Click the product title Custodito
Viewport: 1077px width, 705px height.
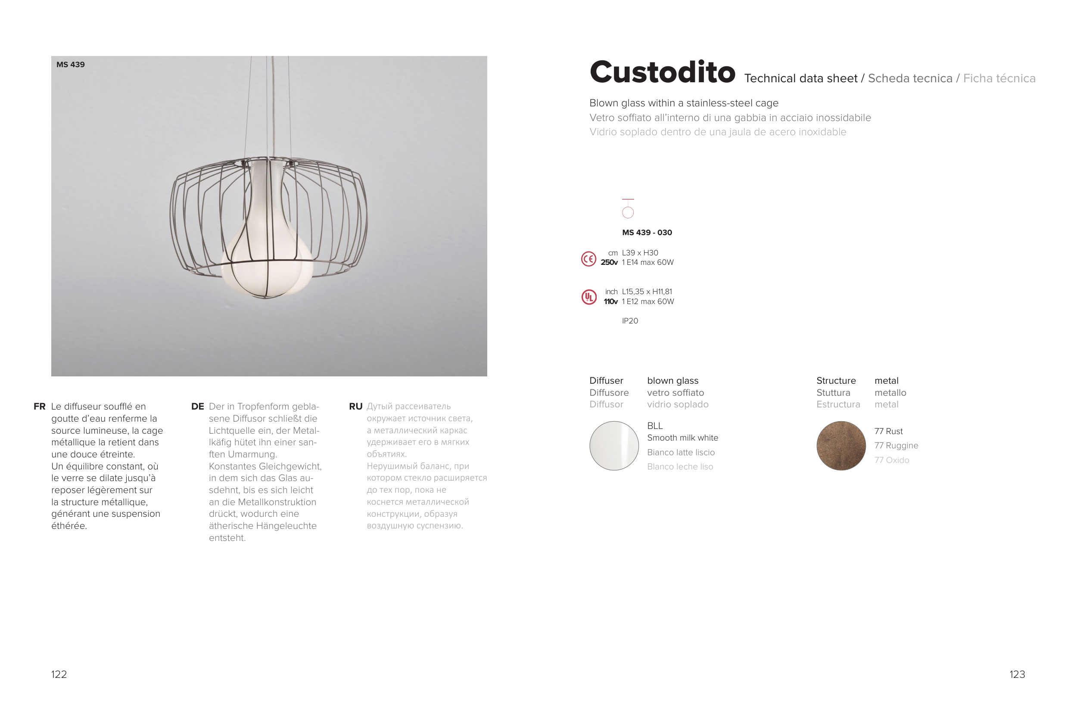click(663, 72)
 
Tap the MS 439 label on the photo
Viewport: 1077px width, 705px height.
click(71, 65)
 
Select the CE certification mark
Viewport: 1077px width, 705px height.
click(588, 259)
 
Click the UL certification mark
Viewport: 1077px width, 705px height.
click(589, 297)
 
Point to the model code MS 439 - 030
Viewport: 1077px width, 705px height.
click(647, 233)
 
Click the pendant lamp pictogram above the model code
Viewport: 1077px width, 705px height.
click(628, 208)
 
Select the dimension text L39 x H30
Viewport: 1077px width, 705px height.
click(640, 253)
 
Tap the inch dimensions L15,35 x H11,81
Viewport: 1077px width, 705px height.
click(647, 292)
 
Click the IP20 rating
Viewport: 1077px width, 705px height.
click(630, 321)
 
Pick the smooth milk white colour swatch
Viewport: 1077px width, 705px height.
click(614, 446)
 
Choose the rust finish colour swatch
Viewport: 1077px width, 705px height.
click(841, 446)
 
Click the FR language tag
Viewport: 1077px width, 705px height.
click(39, 407)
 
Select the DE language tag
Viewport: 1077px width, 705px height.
click(198, 407)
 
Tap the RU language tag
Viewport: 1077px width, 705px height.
click(356, 407)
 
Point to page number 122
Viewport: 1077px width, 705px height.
click(59, 674)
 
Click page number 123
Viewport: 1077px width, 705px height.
click(1017, 674)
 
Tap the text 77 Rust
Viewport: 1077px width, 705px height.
click(888, 431)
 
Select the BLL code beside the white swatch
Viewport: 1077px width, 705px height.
click(655, 426)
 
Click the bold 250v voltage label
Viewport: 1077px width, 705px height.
click(609, 262)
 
